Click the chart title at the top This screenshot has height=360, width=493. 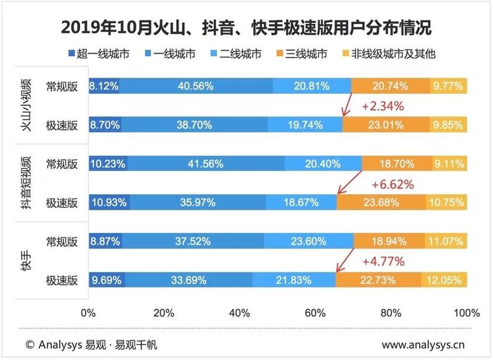[246, 28]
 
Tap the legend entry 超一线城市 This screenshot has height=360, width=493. [98, 54]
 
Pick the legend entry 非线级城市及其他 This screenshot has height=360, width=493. [392, 54]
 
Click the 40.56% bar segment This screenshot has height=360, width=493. [196, 86]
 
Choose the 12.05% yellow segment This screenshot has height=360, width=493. [444, 280]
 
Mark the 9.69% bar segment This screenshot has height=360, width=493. [107, 280]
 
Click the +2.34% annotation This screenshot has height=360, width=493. [382, 106]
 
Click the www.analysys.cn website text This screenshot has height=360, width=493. [424, 344]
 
